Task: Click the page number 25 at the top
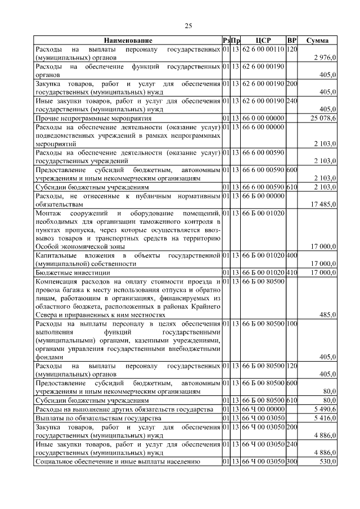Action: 188,25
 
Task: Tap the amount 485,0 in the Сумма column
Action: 327,316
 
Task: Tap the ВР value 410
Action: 292,272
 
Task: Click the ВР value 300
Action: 292,462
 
